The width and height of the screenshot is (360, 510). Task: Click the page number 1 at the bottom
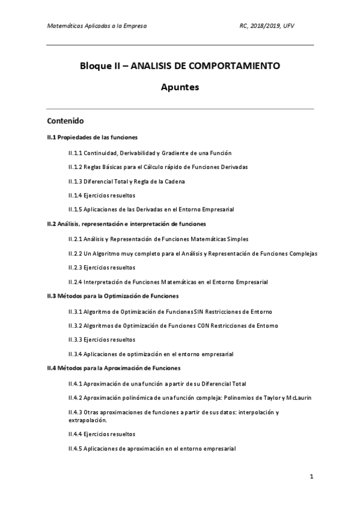pyautogui.click(x=311, y=477)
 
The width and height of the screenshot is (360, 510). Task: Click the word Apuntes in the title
pyautogui.click(x=180, y=87)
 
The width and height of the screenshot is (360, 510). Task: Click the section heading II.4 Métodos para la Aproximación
pyautogui.click(x=114, y=368)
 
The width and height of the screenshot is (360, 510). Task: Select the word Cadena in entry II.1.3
pyautogui.click(x=176, y=181)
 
